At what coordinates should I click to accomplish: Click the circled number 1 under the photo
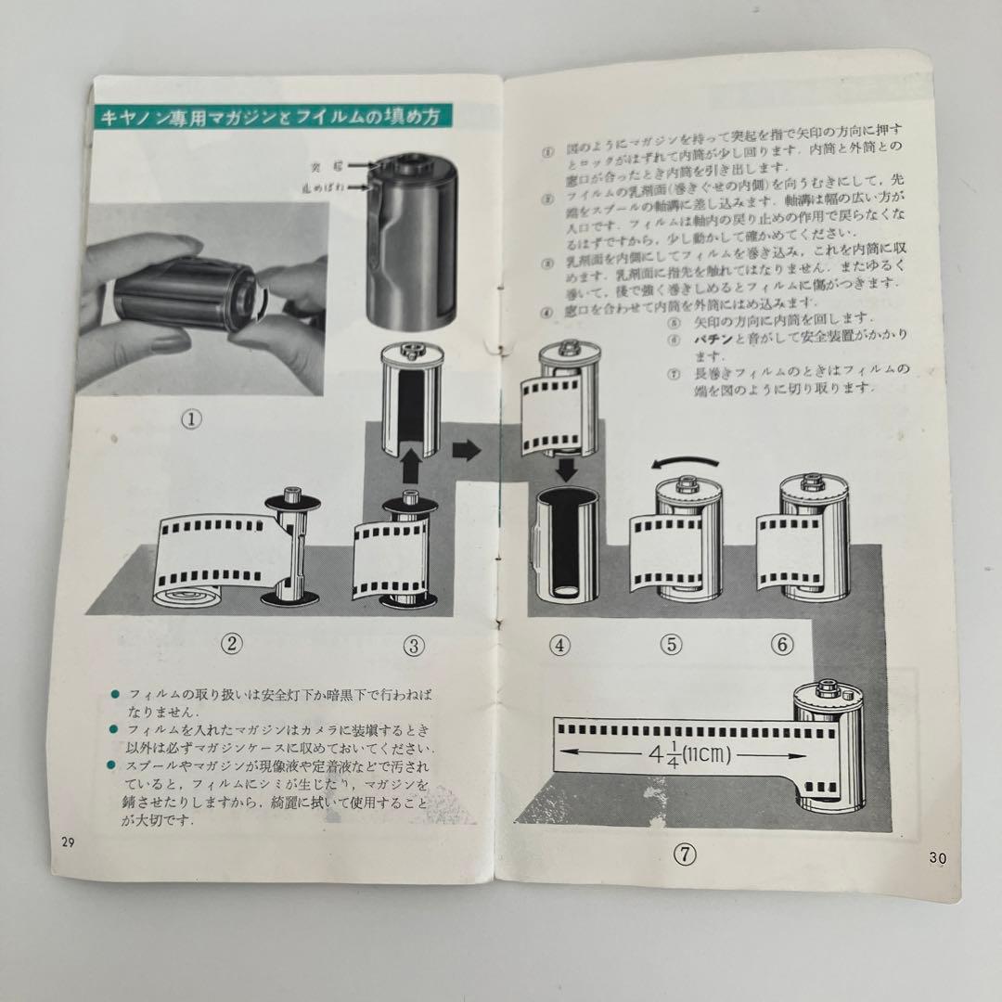tap(191, 418)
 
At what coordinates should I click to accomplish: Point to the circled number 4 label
tap(559, 645)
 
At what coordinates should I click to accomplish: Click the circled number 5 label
tap(672, 645)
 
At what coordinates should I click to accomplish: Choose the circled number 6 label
tap(783, 645)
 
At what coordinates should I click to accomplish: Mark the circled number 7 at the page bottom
tap(685, 855)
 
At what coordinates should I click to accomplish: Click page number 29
tap(68, 842)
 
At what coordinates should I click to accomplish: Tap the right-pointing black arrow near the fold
tap(467, 452)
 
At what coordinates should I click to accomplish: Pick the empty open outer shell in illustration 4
tap(566, 547)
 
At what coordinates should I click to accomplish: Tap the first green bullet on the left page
tap(115, 694)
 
